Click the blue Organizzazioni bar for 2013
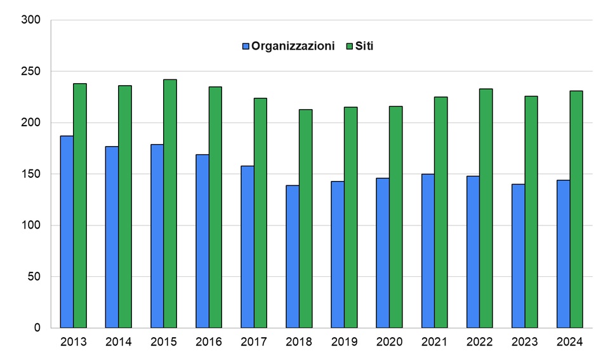[x=67, y=232]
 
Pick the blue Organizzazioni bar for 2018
[x=292, y=257]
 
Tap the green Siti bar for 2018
[x=305, y=218]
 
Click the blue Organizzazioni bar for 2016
[x=202, y=241]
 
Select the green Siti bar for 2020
[x=395, y=217]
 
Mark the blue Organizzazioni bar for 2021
[x=428, y=251]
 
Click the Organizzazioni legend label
[x=293, y=46]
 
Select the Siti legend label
[x=364, y=46]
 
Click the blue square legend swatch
[x=246, y=46]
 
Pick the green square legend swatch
[x=349, y=46]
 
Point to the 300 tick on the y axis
[x=31, y=20]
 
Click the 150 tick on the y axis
[x=31, y=174]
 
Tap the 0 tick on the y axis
[x=37, y=328]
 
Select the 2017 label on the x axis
[x=254, y=342]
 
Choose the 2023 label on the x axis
[x=524, y=342]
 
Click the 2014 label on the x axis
[x=119, y=342]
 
